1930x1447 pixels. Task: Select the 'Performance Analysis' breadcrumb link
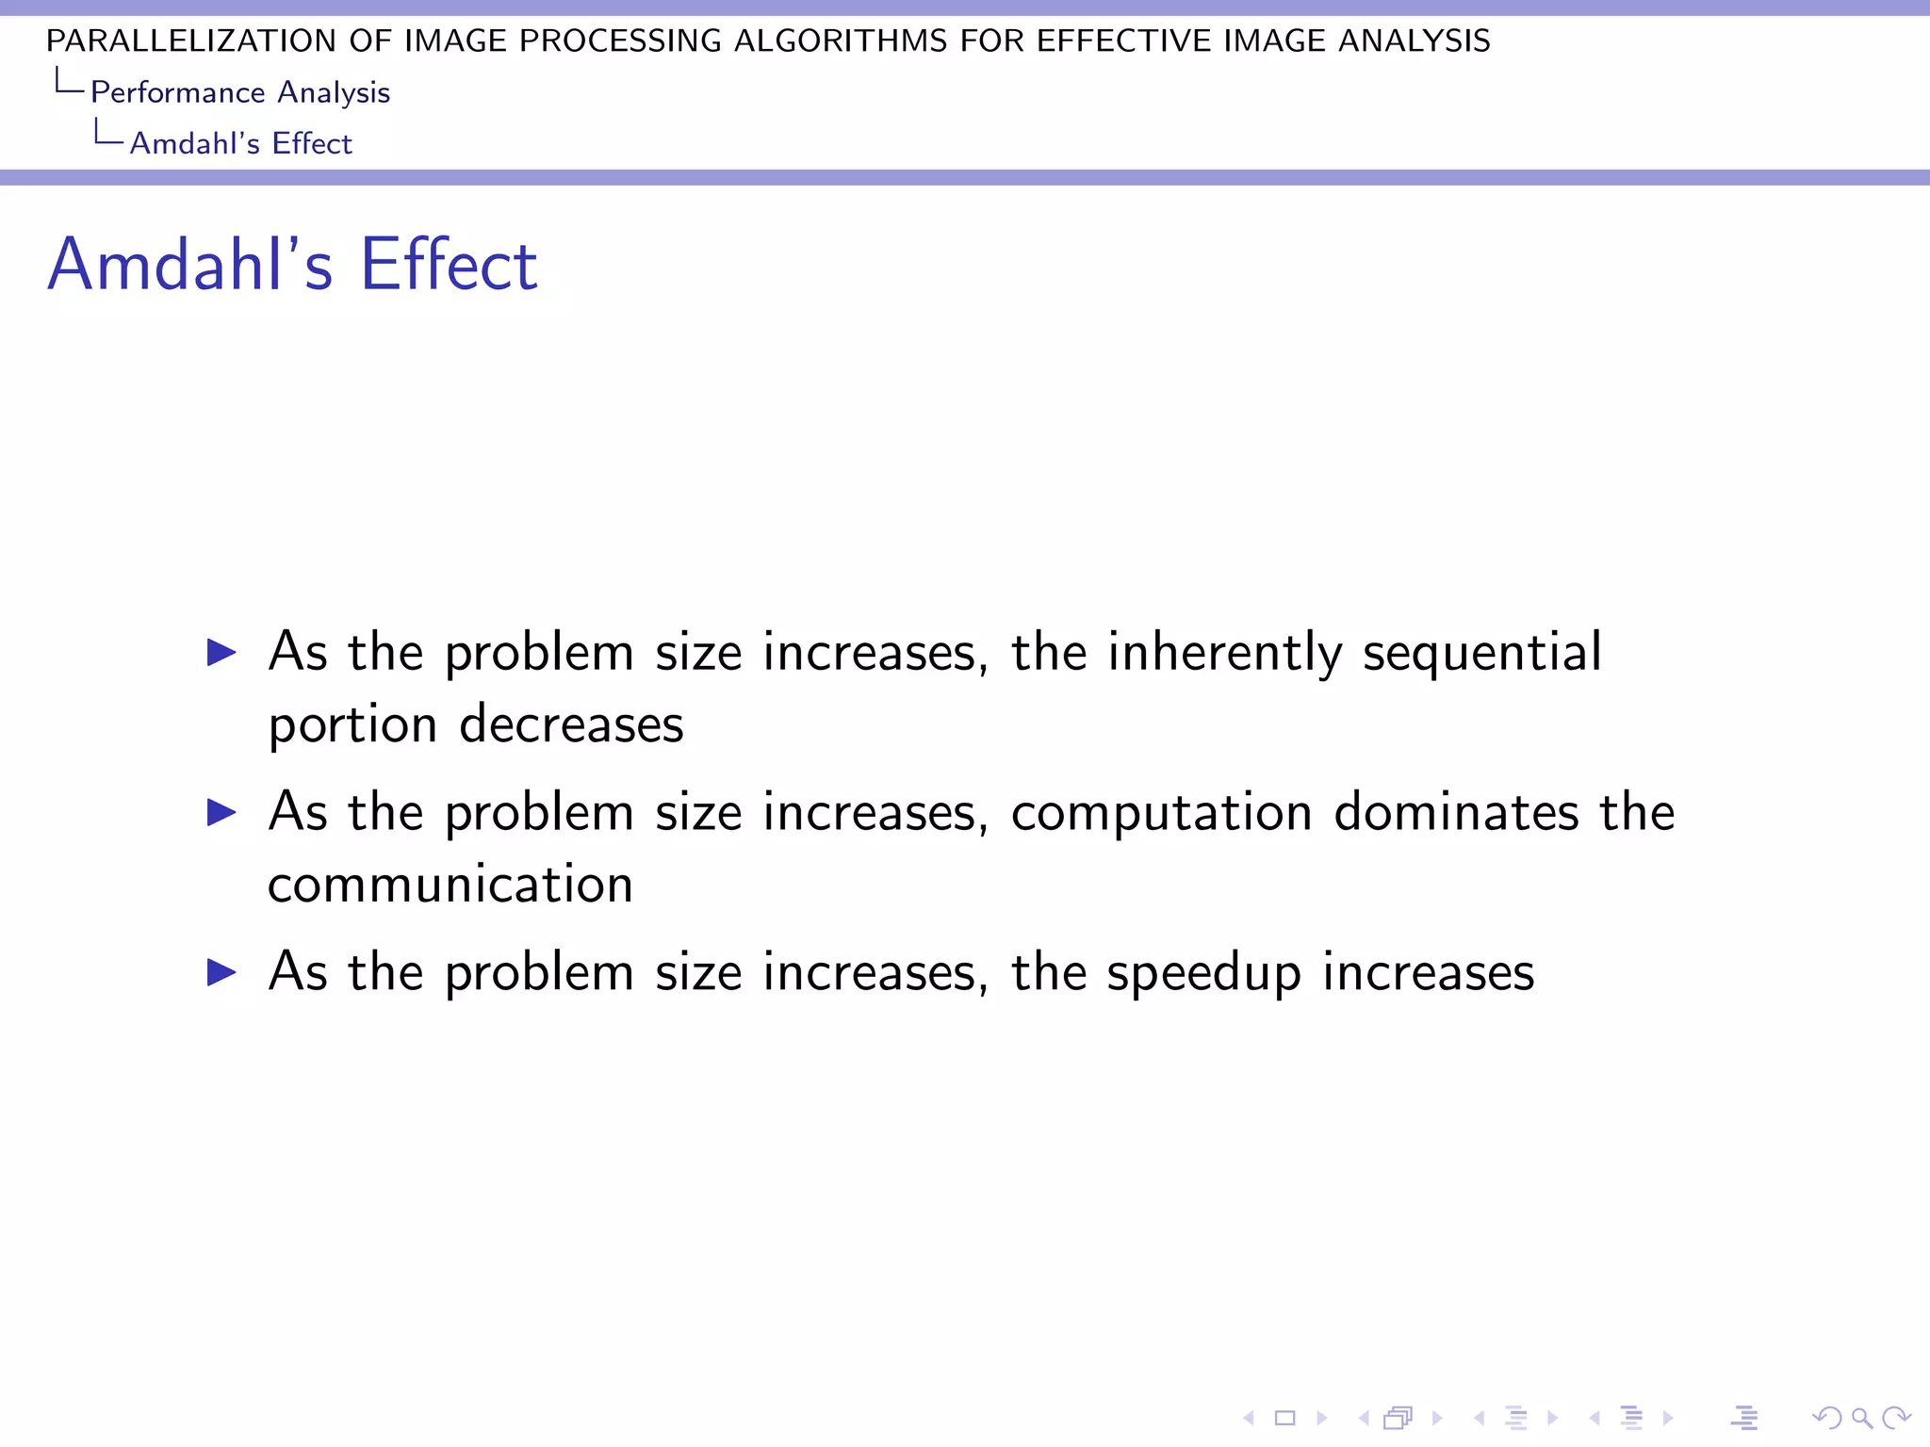[x=240, y=92]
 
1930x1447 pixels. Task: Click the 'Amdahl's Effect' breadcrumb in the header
[x=240, y=143]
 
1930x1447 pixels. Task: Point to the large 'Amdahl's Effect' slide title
[x=292, y=265]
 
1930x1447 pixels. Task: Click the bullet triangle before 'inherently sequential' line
[x=221, y=652]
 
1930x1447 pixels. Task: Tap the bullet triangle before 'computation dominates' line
[x=221, y=812]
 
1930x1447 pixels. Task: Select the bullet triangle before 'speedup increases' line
[x=221, y=972]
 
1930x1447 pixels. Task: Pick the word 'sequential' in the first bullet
[x=1481, y=653]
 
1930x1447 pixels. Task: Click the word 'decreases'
[x=571, y=724]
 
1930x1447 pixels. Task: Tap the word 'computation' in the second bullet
[x=1161, y=812]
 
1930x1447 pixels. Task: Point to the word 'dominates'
[x=1456, y=812]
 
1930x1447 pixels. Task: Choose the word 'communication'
[x=450, y=885]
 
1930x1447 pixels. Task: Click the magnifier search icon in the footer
[x=1861, y=1418]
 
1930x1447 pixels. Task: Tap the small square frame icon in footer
[x=1284, y=1418]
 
